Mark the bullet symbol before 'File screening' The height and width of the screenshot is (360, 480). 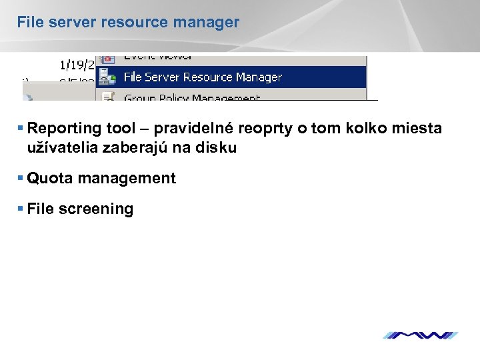tap(22, 209)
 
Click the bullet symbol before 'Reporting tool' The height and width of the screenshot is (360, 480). tap(22, 128)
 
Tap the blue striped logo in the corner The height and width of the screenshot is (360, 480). tap(420, 335)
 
